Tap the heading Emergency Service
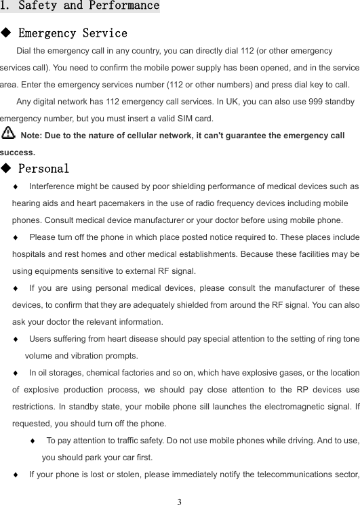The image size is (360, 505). [x=73, y=33]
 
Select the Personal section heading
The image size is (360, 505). [x=43, y=168]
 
